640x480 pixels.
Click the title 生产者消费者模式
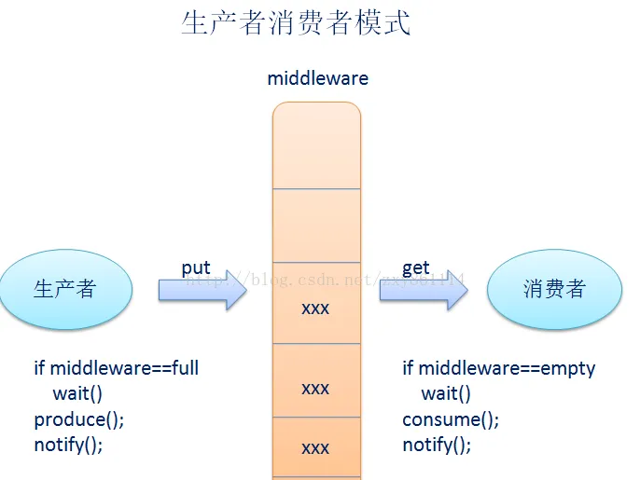pyautogui.click(x=296, y=23)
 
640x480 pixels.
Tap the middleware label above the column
pyautogui.click(x=317, y=78)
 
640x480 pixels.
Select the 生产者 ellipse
pyautogui.click(x=64, y=289)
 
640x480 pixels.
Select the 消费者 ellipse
pyautogui.click(x=554, y=289)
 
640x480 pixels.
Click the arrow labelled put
pyautogui.click(x=202, y=292)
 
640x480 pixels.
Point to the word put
pyautogui.click(x=196, y=268)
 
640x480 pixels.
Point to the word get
pyautogui.click(x=416, y=268)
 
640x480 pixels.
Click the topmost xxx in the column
pyautogui.click(x=315, y=308)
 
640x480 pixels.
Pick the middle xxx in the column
pyautogui.click(x=315, y=388)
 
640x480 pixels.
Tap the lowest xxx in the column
pyautogui.click(x=315, y=448)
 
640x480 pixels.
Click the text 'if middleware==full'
pyautogui.click(x=117, y=368)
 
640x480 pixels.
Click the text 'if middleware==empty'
pyautogui.click(x=498, y=368)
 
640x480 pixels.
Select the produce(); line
pyautogui.click(x=79, y=419)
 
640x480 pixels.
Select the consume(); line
pyautogui.click(x=451, y=419)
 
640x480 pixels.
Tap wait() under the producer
pyautogui.click(x=77, y=393)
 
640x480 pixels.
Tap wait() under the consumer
pyautogui.click(x=446, y=393)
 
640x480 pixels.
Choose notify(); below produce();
pyautogui.click(x=68, y=445)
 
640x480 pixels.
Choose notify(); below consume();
pyautogui.click(x=437, y=445)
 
